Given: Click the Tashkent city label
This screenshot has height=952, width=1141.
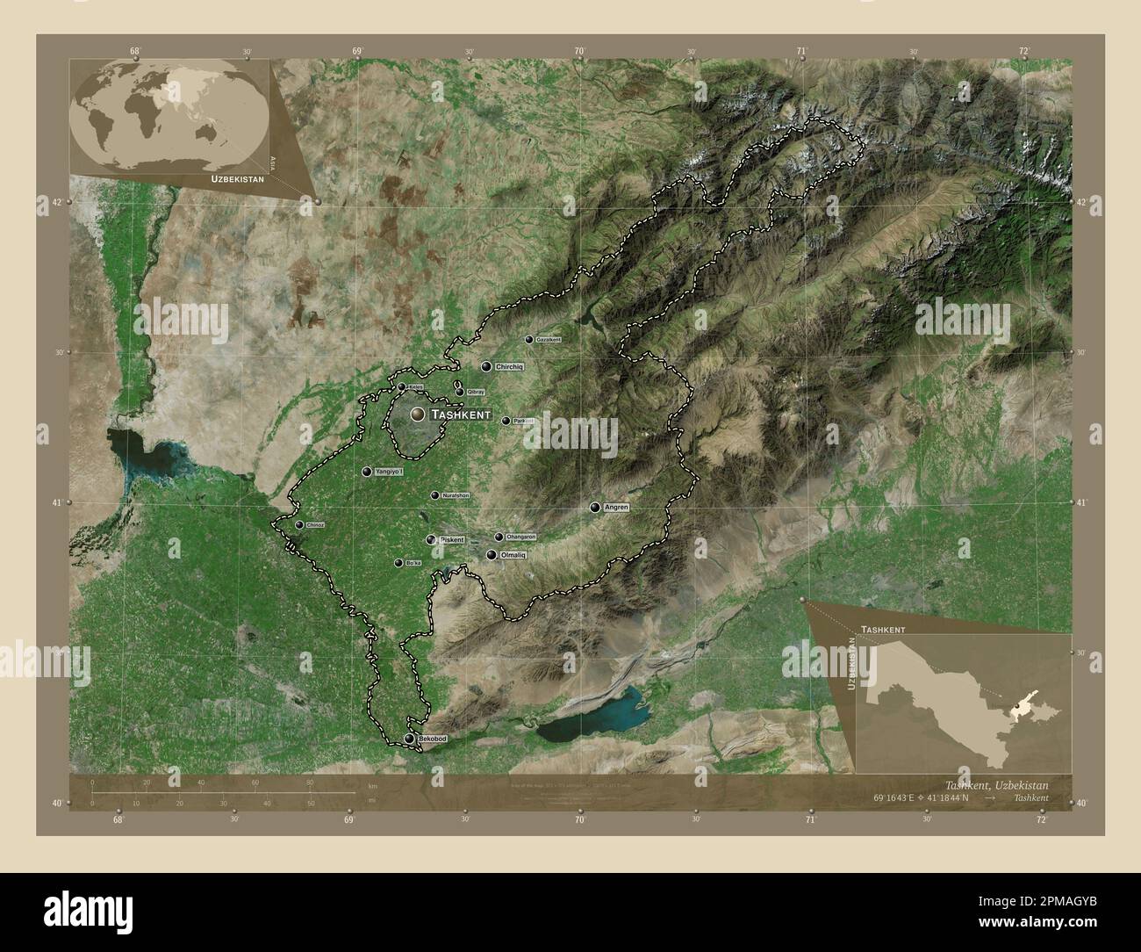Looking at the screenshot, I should coord(460,414).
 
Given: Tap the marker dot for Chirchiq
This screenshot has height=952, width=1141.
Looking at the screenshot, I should coord(485,366).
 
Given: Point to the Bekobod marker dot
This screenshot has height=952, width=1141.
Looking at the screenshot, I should coord(409,739).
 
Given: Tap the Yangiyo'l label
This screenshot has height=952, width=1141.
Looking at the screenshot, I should coord(390,472).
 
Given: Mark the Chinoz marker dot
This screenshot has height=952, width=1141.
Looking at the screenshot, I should coord(299,525).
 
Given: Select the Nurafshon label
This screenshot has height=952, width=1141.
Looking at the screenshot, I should coord(456,495).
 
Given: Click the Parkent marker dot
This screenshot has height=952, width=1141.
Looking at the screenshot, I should coord(506,421).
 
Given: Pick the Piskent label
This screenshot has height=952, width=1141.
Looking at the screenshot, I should coord(451,539).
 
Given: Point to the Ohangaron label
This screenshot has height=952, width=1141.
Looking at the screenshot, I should coord(521,537).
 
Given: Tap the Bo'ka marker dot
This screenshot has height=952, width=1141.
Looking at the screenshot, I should coord(398,563).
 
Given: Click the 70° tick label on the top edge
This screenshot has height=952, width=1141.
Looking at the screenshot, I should coord(579,52).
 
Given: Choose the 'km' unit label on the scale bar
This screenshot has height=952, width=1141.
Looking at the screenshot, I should coord(372,785).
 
